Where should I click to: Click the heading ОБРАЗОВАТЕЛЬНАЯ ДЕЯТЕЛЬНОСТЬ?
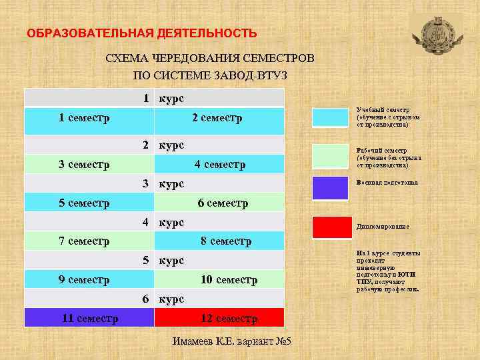point(141,33)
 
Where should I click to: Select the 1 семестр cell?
point(85,119)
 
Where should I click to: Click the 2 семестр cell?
point(217,119)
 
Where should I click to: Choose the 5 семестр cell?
point(85,203)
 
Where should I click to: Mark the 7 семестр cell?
point(85,241)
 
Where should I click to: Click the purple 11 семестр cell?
point(90,318)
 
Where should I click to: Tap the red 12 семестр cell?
point(228,318)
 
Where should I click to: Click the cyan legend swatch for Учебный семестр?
point(331,116)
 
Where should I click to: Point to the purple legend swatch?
point(331,188)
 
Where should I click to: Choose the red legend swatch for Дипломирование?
point(331,227)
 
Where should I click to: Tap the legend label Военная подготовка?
point(387,183)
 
